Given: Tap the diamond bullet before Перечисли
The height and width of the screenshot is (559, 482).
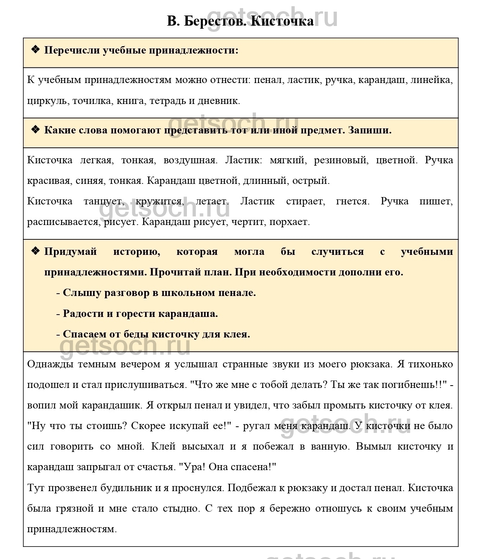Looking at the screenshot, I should click(35, 49).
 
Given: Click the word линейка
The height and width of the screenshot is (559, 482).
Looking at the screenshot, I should click(431, 80).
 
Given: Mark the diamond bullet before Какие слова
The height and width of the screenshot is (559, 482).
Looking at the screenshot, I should click(35, 129).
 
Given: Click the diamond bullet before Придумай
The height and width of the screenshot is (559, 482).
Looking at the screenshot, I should click(35, 251).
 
